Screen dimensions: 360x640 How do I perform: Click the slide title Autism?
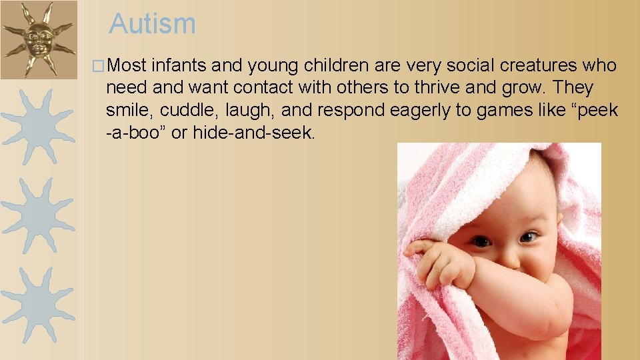point(153,25)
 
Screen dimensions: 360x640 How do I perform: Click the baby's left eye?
point(529,236)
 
